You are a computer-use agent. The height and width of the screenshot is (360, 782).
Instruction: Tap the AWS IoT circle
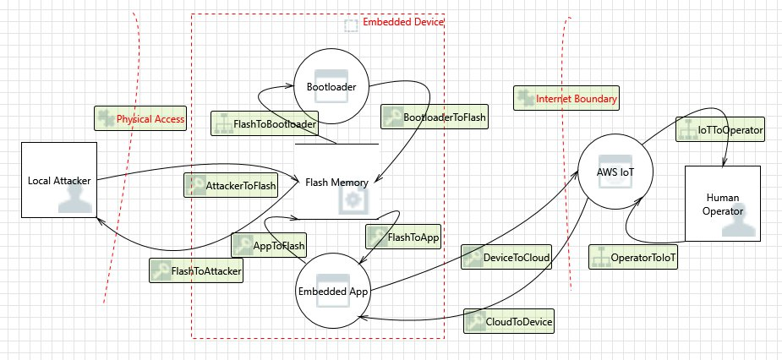[x=615, y=172]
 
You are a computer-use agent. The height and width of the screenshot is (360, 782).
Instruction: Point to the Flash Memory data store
[x=336, y=181]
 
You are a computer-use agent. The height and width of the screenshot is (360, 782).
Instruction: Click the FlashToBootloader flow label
[x=264, y=123]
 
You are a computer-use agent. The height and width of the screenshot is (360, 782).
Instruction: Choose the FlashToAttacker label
[x=196, y=271]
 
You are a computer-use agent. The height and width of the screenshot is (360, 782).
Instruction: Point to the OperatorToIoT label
[x=634, y=256]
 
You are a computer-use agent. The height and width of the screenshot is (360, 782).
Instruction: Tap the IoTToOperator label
[x=720, y=130]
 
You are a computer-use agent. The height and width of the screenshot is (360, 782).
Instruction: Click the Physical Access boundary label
[x=140, y=119]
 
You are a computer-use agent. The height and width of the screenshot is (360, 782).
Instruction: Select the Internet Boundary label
[x=566, y=99]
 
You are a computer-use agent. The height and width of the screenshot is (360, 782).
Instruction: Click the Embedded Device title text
[x=402, y=22]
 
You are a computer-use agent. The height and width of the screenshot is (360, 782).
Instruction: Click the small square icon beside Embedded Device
[x=351, y=26]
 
